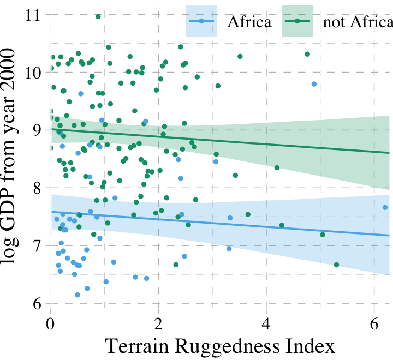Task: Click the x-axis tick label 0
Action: point(51,322)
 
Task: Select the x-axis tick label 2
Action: point(158,322)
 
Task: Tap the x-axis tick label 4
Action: point(266,322)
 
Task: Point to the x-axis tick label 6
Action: point(374,322)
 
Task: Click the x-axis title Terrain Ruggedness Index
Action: point(219,347)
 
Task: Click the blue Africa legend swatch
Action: point(201,21)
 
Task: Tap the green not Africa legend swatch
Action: point(297,21)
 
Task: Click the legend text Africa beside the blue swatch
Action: point(249,22)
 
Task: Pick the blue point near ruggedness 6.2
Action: point(385,207)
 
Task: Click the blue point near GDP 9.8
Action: point(314,84)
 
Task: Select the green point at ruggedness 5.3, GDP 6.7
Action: point(336,265)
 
